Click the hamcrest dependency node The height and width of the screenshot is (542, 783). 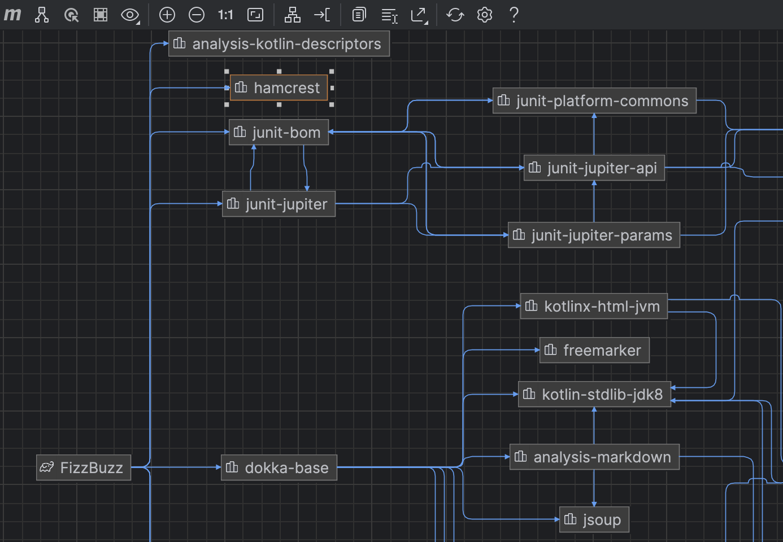[x=279, y=88]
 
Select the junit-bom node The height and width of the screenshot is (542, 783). [x=279, y=133]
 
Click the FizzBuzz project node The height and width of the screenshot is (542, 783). [x=84, y=467]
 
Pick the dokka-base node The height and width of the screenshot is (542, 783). [x=279, y=467]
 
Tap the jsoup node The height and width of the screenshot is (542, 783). [x=594, y=519]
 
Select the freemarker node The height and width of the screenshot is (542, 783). [x=594, y=351]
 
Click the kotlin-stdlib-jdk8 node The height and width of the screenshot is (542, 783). [x=594, y=394]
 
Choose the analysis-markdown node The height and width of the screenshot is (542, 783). [x=594, y=457]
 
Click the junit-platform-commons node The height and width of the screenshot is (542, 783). [x=594, y=101]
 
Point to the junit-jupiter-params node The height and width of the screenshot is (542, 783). [x=594, y=235]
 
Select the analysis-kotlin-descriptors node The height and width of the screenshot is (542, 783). [x=279, y=44]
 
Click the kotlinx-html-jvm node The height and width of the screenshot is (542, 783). [x=594, y=307]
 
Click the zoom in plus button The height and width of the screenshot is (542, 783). [x=167, y=15]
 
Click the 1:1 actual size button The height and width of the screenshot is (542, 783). [x=225, y=15]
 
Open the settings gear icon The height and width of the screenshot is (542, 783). [x=485, y=15]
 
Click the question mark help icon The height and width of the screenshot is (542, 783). [x=514, y=15]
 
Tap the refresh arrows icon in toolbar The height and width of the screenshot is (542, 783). [x=455, y=15]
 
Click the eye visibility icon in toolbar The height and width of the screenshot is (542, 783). [x=130, y=15]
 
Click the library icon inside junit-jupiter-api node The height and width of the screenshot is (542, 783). [x=534, y=168]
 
